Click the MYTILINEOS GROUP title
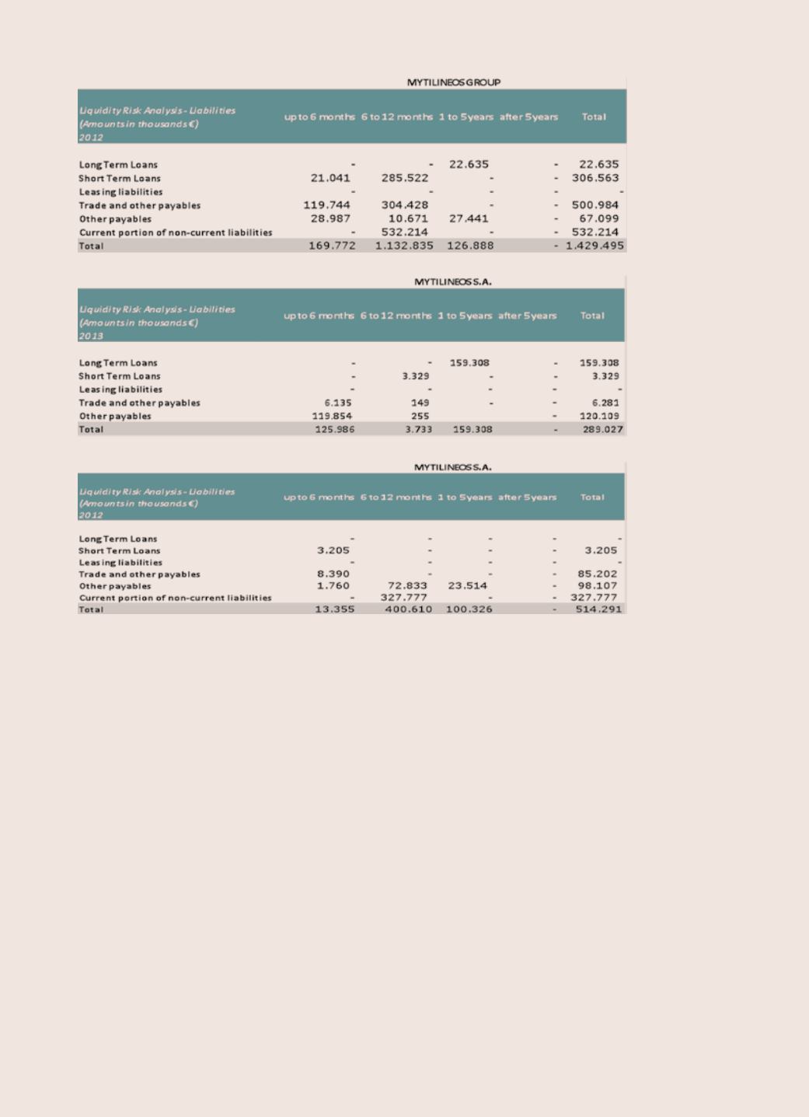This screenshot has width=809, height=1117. pyautogui.click(x=454, y=82)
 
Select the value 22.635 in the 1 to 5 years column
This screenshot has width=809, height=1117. pyautogui.click(x=469, y=164)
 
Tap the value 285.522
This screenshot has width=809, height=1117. pyautogui.click(x=405, y=178)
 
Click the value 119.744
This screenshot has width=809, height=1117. pyautogui.click(x=326, y=205)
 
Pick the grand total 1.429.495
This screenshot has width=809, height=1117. pyautogui.click(x=595, y=246)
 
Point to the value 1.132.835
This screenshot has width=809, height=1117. pyautogui.click(x=404, y=246)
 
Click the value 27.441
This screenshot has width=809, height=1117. pyautogui.click(x=469, y=218)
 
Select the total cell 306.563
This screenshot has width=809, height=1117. pyautogui.click(x=595, y=178)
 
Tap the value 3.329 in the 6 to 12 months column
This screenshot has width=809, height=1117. pyautogui.click(x=416, y=376)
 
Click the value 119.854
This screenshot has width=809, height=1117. pyautogui.click(x=332, y=416)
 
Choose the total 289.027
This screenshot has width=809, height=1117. pyautogui.click(x=603, y=429)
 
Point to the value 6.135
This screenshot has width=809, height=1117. pyautogui.click(x=338, y=403)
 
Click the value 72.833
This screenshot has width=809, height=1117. pyautogui.click(x=407, y=586)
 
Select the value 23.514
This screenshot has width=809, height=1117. pyautogui.click(x=468, y=586)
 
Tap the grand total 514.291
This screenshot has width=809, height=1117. pyautogui.click(x=598, y=609)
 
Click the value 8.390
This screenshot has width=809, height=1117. pyautogui.click(x=333, y=574)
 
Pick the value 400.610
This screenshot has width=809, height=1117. pyautogui.click(x=408, y=609)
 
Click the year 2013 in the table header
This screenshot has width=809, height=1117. pyautogui.click(x=91, y=336)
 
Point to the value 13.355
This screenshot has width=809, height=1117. pyautogui.click(x=334, y=609)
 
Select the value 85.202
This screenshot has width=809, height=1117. pyautogui.click(x=598, y=574)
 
